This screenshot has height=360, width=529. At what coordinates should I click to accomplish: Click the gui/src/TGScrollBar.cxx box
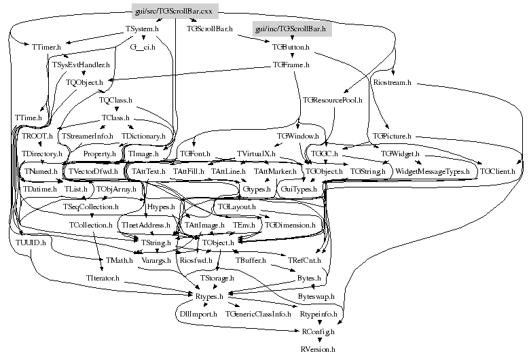click(172, 11)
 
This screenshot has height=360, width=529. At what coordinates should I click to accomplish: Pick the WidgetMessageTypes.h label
click(433, 173)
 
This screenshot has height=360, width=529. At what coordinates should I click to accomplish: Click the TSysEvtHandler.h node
click(80, 65)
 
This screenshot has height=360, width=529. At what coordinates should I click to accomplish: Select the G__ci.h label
click(143, 47)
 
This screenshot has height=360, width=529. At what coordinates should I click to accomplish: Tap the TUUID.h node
click(31, 242)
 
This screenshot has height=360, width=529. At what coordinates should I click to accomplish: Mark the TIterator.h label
click(103, 278)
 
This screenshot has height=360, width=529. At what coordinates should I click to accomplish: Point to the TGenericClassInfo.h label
click(258, 314)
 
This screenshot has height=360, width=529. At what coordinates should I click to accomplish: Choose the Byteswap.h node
click(316, 296)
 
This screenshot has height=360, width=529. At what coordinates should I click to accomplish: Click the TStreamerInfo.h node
click(87, 137)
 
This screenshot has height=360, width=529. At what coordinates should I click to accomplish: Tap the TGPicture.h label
click(393, 137)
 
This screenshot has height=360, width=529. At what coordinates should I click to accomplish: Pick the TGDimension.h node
click(290, 224)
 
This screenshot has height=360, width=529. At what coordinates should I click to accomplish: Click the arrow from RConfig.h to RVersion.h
click(317, 340)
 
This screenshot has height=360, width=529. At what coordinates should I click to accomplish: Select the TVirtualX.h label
click(255, 154)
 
